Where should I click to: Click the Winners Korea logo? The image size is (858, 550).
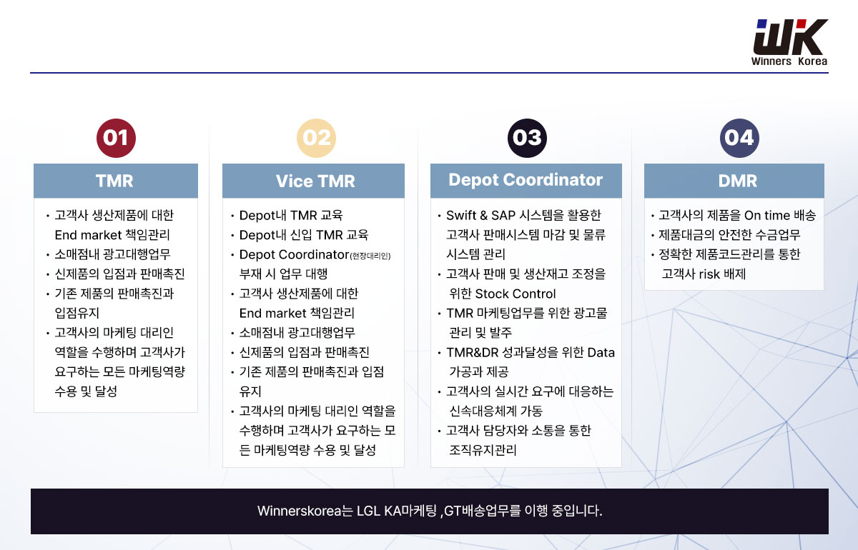789,42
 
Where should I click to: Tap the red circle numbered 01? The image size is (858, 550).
116,138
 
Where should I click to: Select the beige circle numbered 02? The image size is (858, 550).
316,138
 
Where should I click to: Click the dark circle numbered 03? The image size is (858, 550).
527,138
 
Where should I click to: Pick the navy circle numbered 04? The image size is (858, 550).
739,138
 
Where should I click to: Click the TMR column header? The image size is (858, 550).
116,181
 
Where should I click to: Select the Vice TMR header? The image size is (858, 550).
313,181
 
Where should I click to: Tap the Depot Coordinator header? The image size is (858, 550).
526,181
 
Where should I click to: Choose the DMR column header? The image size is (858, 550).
734,181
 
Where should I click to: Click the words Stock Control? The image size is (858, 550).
516,294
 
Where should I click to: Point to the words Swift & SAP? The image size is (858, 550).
480,215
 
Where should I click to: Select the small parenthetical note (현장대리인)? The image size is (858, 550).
370,256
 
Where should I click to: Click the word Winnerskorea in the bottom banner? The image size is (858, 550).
299,511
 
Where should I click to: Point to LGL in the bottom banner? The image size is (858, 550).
368,511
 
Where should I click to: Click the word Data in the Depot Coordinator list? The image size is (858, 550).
601,353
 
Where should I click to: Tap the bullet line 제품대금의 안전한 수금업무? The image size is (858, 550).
729,234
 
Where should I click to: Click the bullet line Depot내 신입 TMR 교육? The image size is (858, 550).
303,234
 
